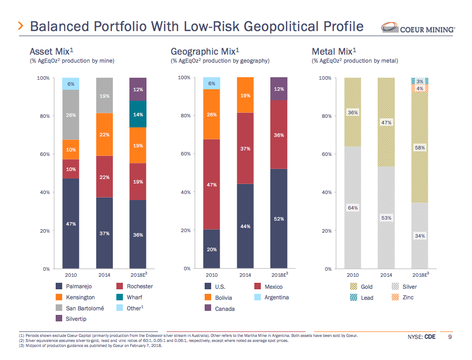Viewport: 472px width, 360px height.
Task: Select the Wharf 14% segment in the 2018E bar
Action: point(138,114)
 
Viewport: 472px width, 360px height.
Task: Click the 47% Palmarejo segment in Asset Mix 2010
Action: point(71,224)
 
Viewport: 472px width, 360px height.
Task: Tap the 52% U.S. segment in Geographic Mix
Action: point(279,219)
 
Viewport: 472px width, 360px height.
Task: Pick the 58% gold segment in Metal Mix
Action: point(420,148)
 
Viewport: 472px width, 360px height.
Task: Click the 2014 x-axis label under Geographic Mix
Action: point(245,275)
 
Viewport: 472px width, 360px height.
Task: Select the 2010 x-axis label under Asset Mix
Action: point(71,275)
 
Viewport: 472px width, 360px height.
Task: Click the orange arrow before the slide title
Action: point(21,26)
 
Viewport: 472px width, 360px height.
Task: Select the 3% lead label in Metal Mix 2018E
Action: point(420,81)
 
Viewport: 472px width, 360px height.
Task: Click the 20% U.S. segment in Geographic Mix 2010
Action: point(212,249)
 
